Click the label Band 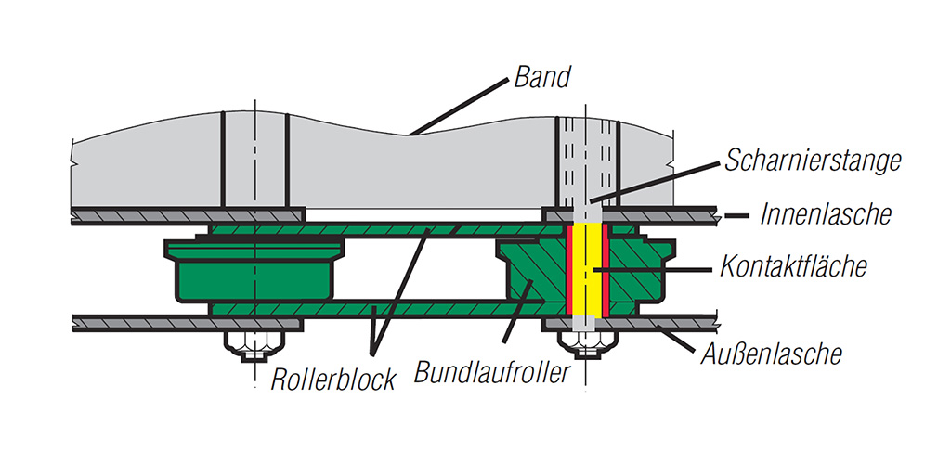point(542,76)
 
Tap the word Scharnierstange point(813,161)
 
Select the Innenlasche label point(826,213)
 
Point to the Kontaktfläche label point(793,266)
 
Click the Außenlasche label point(772,353)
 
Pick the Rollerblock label point(333,380)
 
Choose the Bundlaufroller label point(492,370)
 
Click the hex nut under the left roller point(254,346)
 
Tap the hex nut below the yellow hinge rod point(585,345)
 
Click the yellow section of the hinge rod point(586,270)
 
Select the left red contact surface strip point(569,270)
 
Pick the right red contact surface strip point(606,270)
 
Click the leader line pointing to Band point(457,107)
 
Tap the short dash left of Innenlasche point(736,215)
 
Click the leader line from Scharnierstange point(655,183)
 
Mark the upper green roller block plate point(388,230)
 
